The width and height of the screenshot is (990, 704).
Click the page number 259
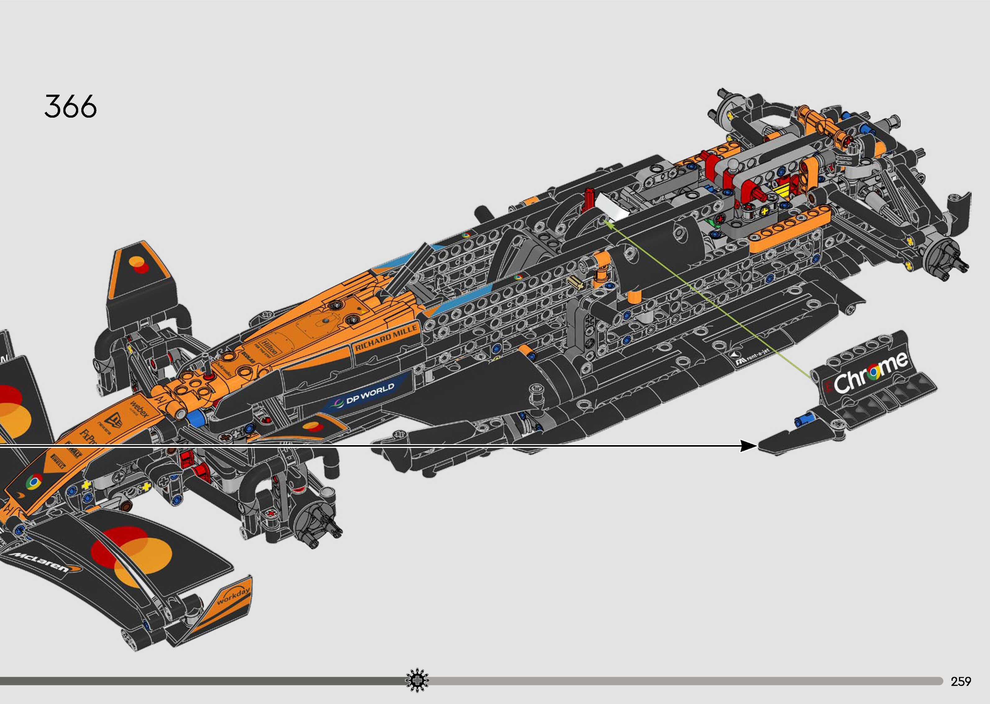(961, 682)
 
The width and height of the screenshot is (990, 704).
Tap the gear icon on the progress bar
(417, 681)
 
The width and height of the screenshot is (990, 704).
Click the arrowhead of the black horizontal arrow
(748, 446)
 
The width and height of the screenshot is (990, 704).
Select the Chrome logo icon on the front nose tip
(34, 482)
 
